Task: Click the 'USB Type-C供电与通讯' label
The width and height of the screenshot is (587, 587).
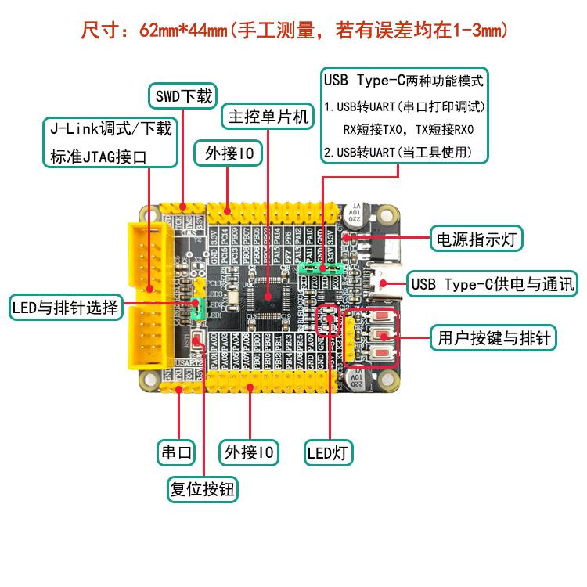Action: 492,283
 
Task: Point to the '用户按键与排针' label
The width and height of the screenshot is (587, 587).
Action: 492,339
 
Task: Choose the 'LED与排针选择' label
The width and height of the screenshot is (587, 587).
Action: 66,307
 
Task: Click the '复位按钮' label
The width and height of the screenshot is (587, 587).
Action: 203,490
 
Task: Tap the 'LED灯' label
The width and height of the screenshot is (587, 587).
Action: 329,452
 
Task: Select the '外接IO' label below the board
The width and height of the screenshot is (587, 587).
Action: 250,452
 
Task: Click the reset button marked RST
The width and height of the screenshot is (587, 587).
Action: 200,340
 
